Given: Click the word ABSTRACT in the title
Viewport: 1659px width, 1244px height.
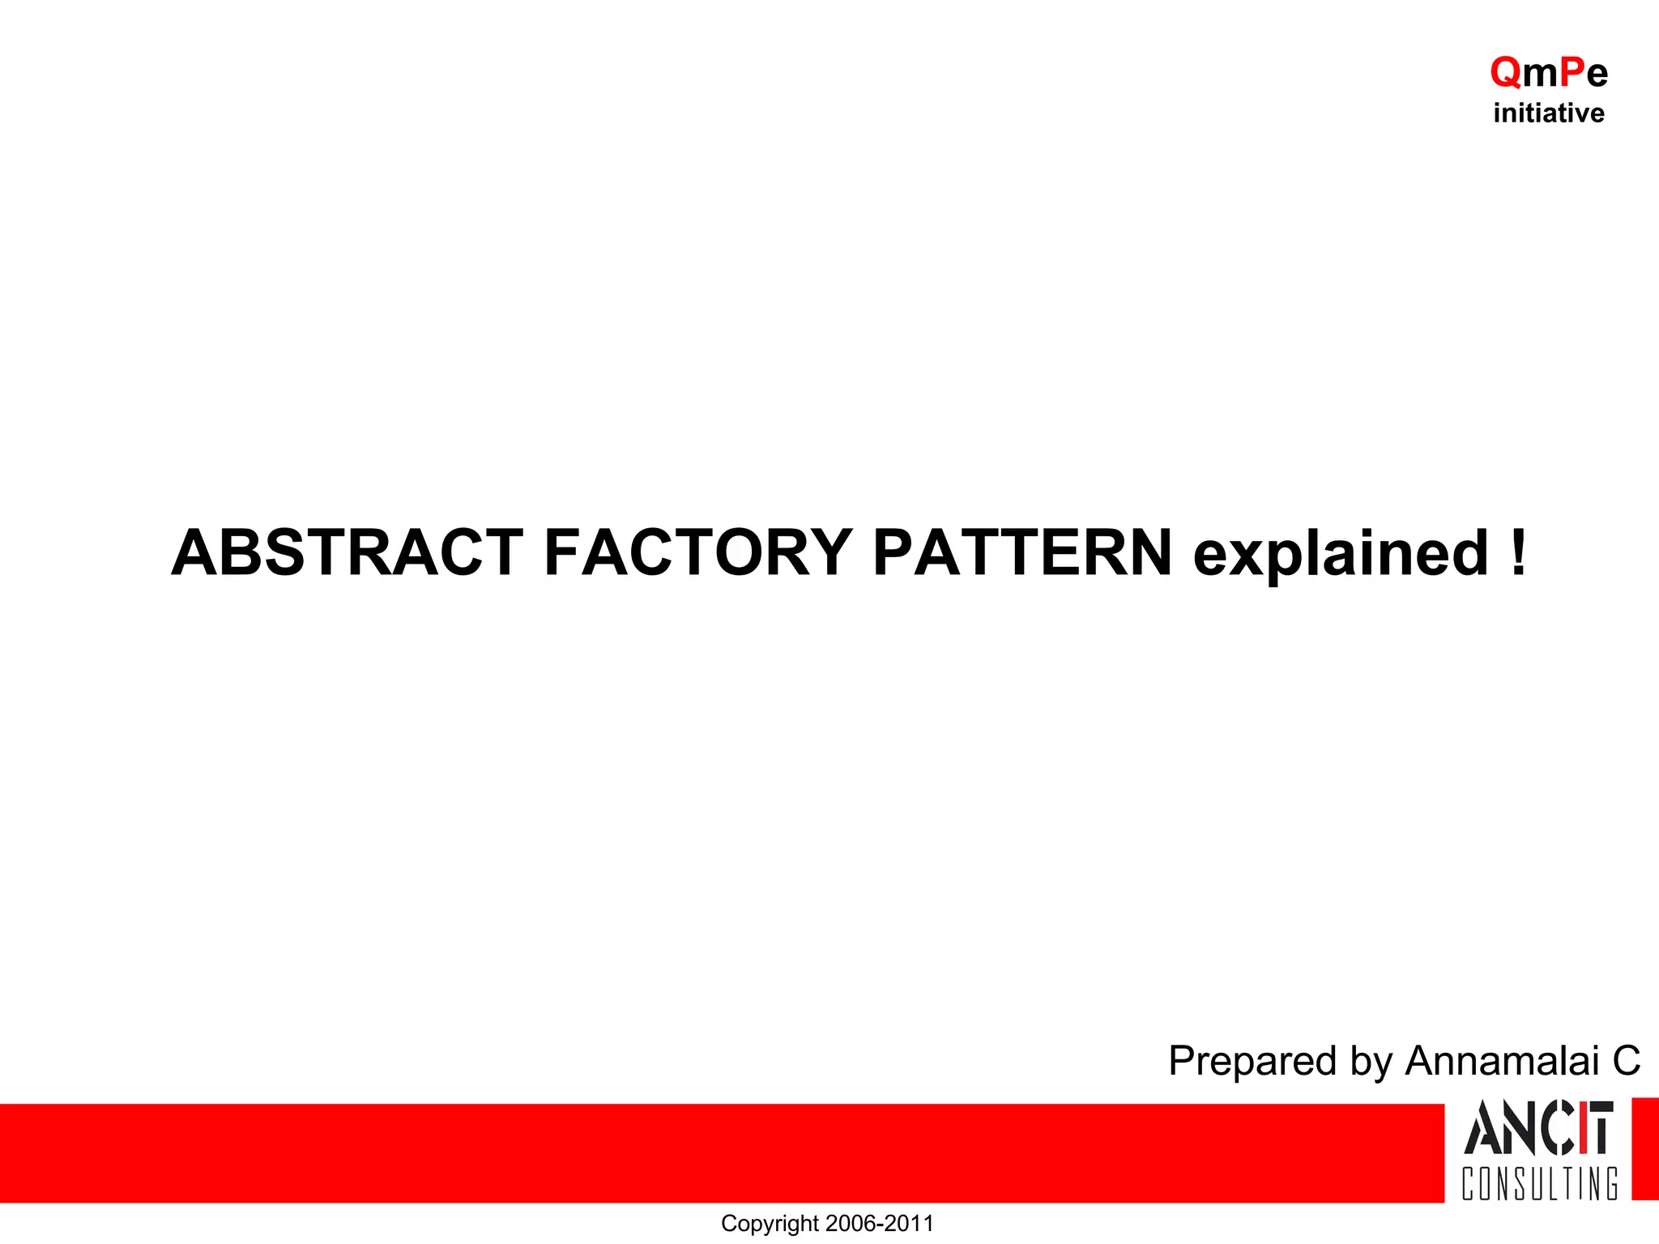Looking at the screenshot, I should tap(347, 552).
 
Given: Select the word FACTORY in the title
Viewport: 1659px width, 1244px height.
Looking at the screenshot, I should tap(697, 552).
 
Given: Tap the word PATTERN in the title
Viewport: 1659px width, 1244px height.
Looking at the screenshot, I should tap(1022, 552).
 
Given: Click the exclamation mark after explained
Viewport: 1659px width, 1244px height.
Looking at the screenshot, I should tap(1518, 552).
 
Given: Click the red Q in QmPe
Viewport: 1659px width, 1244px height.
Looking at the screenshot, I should tap(1506, 73).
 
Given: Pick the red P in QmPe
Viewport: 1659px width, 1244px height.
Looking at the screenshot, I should tap(1572, 73).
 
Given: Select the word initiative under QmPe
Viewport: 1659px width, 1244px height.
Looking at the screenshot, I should tap(1548, 113).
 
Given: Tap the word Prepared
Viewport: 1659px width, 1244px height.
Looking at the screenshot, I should tap(1252, 1062).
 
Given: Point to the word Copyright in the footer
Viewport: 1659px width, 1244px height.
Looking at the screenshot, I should tap(770, 1223).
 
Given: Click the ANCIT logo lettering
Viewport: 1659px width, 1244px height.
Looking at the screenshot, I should tap(1537, 1127).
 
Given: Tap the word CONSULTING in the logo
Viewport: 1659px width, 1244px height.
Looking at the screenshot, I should tap(1539, 1183).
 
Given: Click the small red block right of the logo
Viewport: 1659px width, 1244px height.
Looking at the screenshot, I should tap(1644, 1148).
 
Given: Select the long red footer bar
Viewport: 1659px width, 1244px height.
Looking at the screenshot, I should tap(721, 1152).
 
